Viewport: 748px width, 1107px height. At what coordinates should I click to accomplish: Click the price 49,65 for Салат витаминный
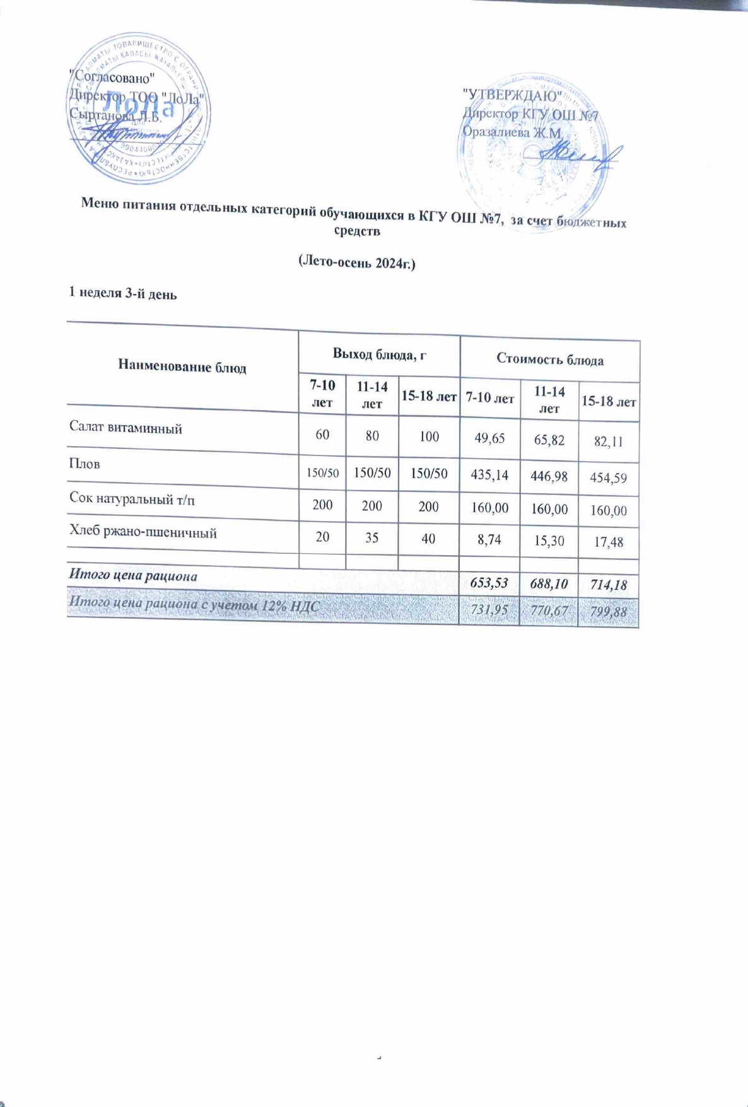pyautogui.click(x=489, y=438)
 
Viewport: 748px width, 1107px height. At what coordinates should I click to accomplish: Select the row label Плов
pyautogui.click(x=85, y=464)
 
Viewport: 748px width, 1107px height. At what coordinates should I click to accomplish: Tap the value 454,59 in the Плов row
pyautogui.click(x=608, y=477)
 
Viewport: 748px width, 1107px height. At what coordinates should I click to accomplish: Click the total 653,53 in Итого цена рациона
pyautogui.click(x=489, y=583)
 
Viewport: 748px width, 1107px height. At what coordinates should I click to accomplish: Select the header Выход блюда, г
pyautogui.click(x=379, y=354)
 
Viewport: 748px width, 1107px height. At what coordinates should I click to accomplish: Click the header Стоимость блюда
pyautogui.click(x=549, y=360)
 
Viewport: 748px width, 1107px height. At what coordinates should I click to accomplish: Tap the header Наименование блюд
pyautogui.click(x=182, y=367)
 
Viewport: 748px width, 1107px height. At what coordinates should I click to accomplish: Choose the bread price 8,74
pyautogui.click(x=489, y=540)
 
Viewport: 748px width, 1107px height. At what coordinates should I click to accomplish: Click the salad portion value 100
pyautogui.click(x=429, y=436)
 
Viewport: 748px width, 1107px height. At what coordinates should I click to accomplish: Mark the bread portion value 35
pyautogui.click(x=371, y=538)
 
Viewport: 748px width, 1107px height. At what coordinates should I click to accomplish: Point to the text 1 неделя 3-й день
pyautogui.click(x=122, y=293)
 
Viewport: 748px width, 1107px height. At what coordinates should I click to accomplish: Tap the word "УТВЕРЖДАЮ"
pyautogui.click(x=512, y=96)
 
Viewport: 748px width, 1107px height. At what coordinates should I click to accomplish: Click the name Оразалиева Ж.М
pyautogui.click(x=511, y=132)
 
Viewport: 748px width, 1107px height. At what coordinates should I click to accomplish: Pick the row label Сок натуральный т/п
pyautogui.click(x=132, y=500)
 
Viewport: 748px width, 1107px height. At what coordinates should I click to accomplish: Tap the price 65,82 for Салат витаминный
pyautogui.click(x=549, y=440)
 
